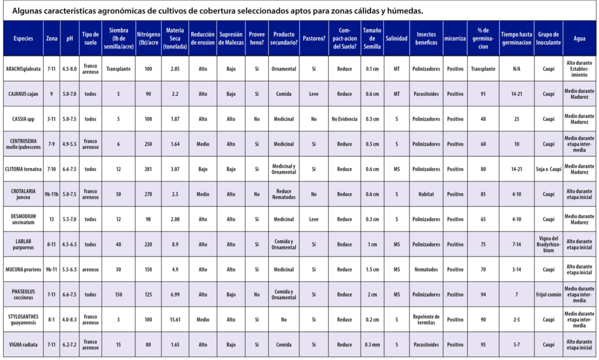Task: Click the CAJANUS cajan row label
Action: [23, 94]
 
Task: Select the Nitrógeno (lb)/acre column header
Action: [148, 38]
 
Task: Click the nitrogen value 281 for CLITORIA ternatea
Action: [148, 169]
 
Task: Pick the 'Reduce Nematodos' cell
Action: [284, 194]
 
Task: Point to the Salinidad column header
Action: [397, 38]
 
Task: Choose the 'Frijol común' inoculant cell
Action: [548, 294]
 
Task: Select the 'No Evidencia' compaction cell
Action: [344, 119]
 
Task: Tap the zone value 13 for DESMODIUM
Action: [51, 219]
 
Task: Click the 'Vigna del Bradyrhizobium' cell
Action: [548, 244]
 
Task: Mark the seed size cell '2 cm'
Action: [372, 294]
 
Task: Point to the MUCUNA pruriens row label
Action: [23, 269]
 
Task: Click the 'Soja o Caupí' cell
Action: [548, 169]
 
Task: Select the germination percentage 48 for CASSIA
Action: [483, 119]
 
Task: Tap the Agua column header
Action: [579, 38]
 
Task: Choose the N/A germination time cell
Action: [516, 69]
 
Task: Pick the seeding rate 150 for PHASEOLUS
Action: [119, 294]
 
